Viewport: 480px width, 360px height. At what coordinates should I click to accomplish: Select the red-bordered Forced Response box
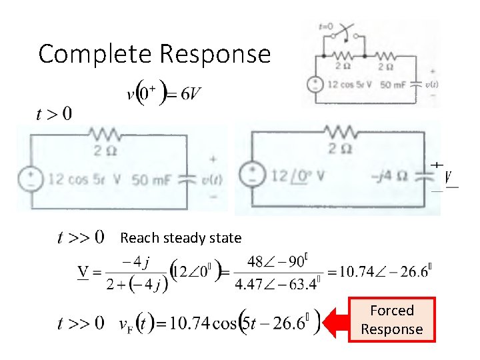point(391,319)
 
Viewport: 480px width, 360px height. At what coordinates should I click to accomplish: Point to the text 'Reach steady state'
point(181,237)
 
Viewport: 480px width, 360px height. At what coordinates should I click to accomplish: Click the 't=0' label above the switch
point(326,27)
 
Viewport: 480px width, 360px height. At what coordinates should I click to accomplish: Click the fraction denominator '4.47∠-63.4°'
point(277,285)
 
